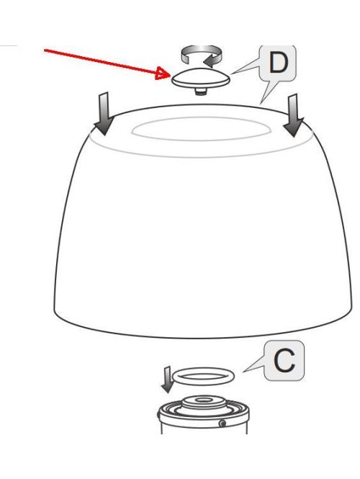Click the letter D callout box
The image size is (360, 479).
(x=276, y=63)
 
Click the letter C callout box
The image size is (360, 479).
(x=285, y=361)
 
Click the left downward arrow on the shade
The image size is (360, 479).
(x=104, y=113)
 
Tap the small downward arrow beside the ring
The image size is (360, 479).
(x=166, y=379)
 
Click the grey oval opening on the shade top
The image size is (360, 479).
(x=197, y=130)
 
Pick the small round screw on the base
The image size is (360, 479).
(x=222, y=423)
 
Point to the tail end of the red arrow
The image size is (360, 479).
(x=45, y=49)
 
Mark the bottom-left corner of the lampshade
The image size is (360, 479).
(x=55, y=311)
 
